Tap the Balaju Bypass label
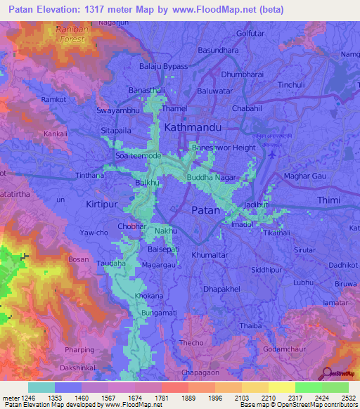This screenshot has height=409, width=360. coord(164,66)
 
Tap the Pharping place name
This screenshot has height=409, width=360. coord(79,349)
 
